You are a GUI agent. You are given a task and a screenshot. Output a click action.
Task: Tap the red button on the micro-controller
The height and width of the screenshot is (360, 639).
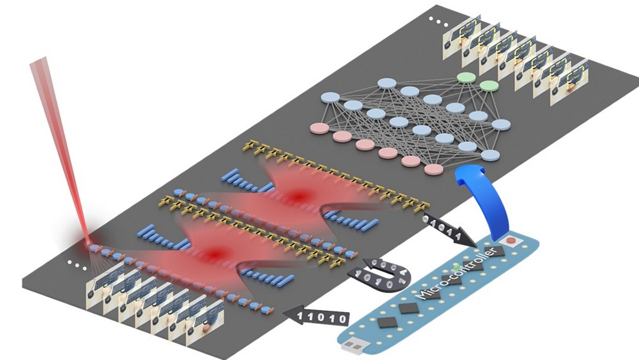[511, 242]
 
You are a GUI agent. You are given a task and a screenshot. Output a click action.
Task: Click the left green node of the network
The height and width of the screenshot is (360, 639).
[465, 78]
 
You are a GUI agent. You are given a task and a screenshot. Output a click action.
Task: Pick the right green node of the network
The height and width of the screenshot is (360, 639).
[489, 86]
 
